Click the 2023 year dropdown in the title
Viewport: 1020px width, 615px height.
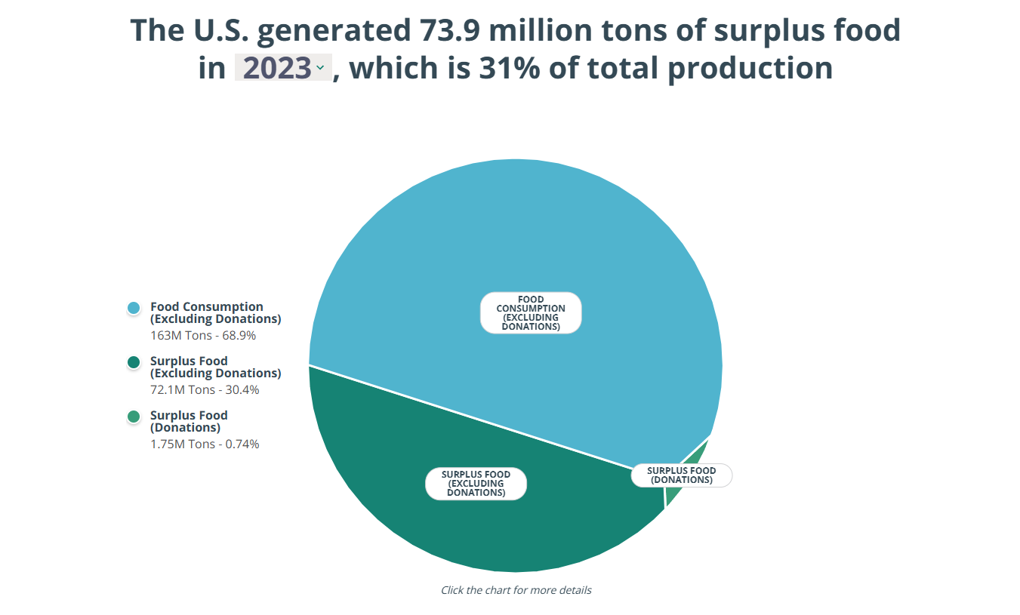(283, 67)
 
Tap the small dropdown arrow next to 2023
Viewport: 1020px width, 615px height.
(320, 67)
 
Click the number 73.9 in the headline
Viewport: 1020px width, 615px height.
(449, 30)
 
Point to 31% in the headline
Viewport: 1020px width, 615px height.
(510, 68)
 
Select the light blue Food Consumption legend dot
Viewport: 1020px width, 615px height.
(134, 308)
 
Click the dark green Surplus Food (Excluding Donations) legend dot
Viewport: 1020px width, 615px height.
(134, 362)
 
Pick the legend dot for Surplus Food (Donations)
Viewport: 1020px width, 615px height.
(134, 417)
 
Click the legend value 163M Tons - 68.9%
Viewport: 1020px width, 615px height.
(203, 336)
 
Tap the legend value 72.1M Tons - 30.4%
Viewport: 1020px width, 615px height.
(205, 389)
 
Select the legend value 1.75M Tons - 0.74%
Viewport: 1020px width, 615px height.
(205, 444)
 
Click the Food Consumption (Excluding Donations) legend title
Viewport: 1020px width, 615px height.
(215, 312)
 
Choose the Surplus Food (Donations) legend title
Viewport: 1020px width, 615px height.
(189, 422)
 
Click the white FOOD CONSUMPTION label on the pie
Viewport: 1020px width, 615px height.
(531, 312)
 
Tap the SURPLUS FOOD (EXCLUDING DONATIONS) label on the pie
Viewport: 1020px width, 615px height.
(476, 484)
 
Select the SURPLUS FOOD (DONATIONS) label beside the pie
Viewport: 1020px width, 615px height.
(681, 475)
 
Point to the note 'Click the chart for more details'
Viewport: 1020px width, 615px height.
(516, 590)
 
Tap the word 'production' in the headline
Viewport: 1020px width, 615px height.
(750, 69)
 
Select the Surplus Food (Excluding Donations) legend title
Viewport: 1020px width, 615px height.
(215, 367)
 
